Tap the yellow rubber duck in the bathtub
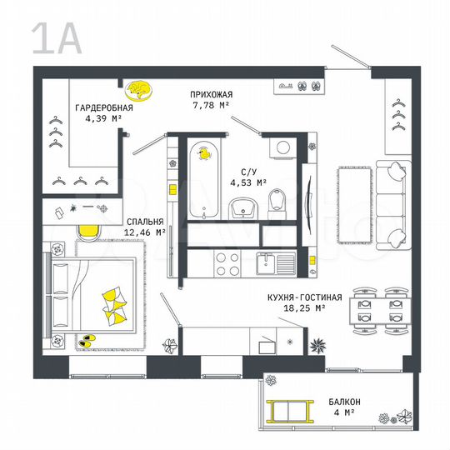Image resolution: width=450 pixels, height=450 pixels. [x=202, y=153]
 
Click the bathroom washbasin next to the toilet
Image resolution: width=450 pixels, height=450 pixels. [x=244, y=205]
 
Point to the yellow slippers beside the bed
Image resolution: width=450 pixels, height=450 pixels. [x=86, y=340]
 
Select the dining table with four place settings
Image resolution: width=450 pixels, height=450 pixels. [x=377, y=308]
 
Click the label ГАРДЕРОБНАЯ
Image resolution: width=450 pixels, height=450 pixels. [x=104, y=108]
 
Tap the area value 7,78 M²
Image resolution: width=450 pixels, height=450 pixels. [x=210, y=106]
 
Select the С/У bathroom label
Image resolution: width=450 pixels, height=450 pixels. [x=249, y=171]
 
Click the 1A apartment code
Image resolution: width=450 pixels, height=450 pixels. [x=57, y=38]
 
